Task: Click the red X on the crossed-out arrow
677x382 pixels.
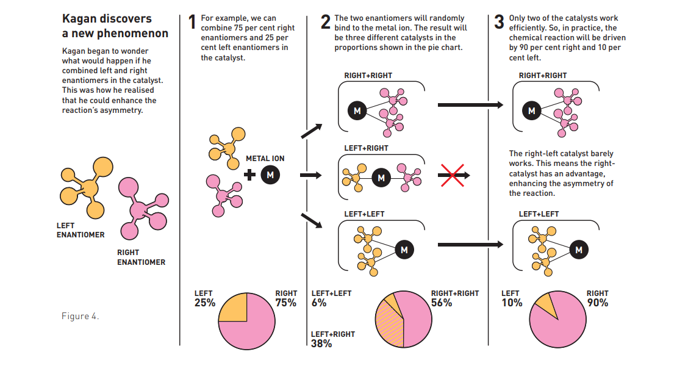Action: [x=453, y=176]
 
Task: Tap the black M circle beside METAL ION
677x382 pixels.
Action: [x=270, y=175]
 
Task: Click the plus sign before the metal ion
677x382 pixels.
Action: [x=249, y=175]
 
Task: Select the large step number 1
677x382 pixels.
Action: [x=192, y=21]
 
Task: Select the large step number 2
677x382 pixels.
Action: [x=326, y=21]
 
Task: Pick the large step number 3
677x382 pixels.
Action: [x=499, y=21]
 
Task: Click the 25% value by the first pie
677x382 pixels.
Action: [x=205, y=303]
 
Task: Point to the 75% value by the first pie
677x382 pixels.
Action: [x=286, y=303]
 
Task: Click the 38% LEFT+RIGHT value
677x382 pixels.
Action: [x=321, y=344]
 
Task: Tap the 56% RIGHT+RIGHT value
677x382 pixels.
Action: [x=442, y=303]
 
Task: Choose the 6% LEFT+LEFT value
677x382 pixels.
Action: [x=319, y=303]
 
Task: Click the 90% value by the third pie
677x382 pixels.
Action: [x=598, y=303]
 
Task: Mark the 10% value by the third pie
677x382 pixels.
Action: [x=512, y=303]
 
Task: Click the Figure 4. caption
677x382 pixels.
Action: [x=81, y=316]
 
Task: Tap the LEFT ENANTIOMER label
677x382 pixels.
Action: [x=81, y=230]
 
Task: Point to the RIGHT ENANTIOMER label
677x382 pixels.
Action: [x=141, y=258]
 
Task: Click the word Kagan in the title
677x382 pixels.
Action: [x=81, y=19]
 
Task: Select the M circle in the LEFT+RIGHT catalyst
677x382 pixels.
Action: [x=381, y=178]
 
